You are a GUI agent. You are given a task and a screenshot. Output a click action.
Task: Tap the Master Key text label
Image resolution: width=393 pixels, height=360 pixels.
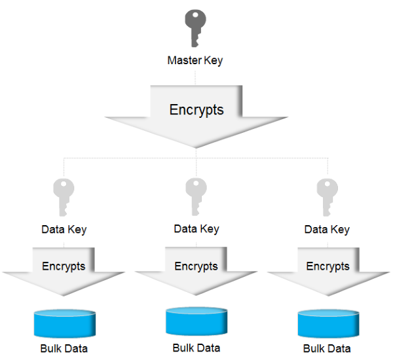click(x=195, y=61)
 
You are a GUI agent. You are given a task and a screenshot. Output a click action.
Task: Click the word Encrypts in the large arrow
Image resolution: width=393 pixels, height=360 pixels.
click(x=196, y=109)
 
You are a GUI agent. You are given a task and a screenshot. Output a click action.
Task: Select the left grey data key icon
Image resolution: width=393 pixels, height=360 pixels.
click(x=64, y=196)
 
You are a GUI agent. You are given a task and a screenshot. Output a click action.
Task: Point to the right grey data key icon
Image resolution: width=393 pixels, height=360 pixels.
click(x=327, y=196)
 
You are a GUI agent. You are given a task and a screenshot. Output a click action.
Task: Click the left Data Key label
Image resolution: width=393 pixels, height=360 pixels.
click(x=64, y=230)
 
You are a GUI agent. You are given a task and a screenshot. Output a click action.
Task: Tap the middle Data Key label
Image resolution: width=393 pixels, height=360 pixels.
click(x=196, y=229)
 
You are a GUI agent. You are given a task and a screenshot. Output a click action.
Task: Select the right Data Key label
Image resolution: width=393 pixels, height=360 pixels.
click(x=327, y=230)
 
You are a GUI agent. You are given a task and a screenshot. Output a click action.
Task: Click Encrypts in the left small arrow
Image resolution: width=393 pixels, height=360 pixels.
click(x=64, y=266)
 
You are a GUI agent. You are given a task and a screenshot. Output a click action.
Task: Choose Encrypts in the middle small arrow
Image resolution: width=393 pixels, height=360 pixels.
click(x=196, y=266)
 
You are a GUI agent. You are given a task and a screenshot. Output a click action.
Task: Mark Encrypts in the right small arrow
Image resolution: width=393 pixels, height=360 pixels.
click(x=327, y=266)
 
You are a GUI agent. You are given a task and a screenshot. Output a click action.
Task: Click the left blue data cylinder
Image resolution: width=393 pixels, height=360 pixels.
click(x=64, y=322)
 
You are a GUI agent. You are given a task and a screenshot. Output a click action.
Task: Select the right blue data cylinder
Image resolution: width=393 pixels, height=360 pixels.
click(x=327, y=322)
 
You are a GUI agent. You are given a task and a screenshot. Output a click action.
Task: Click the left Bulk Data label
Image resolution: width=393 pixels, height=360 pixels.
click(x=64, y=348)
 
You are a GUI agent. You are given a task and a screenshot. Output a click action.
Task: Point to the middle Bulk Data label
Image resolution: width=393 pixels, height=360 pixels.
click(x=196, y=348)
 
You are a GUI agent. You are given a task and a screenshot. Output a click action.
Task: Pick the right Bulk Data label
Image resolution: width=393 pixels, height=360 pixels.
click(x=327, y=348)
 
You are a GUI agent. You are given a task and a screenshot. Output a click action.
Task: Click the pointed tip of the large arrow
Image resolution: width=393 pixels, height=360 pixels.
click(x=196, y=145)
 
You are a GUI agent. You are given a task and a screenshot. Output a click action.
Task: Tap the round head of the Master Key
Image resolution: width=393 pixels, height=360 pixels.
click(x=196, y=18)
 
